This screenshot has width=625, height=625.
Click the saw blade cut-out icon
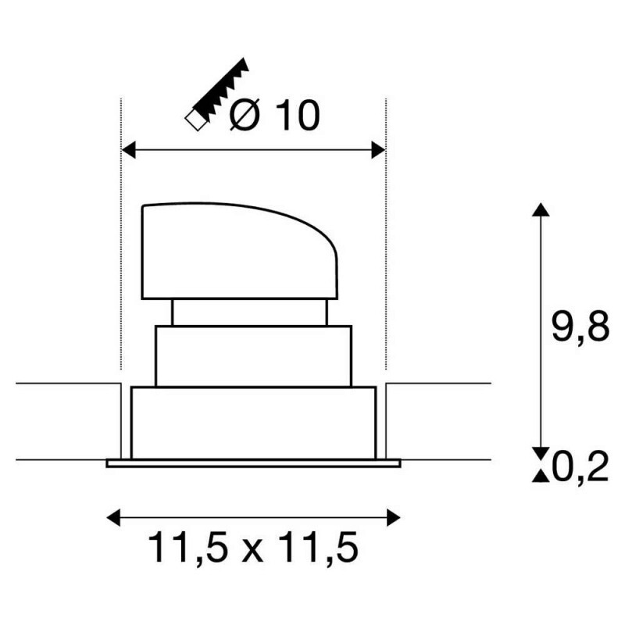pos(217,95)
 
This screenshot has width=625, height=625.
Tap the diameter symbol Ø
pos(245,115)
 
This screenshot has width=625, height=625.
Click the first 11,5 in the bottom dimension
pos(188,548)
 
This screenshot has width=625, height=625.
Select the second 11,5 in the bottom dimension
pos(318,548)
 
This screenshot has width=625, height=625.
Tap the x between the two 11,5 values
pos(252,552)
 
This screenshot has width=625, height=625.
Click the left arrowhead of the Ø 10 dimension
pos(128,150)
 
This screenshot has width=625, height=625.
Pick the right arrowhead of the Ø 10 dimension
pos(379,150)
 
